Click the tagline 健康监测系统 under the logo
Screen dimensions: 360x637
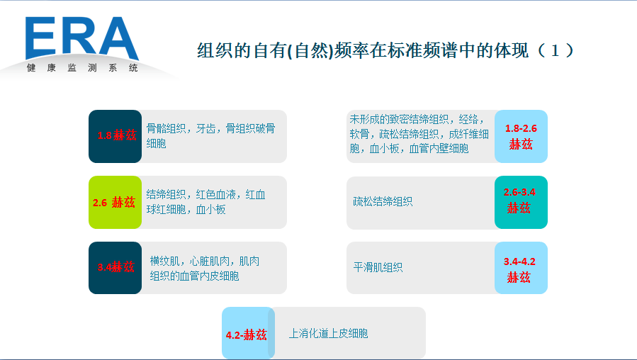pos(82,68)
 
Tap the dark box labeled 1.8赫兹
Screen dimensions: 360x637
pos(115,135)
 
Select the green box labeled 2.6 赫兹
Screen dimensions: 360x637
pos(115,202)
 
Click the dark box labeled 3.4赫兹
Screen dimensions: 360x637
pos(115,267)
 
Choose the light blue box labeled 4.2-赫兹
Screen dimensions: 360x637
pos(247,334)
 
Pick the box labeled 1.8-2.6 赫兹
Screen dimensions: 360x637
pos(521,136)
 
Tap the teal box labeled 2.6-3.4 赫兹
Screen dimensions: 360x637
pos(521,201)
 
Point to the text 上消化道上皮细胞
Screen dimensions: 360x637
pos(328,333)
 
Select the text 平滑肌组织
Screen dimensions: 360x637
pos(378,267)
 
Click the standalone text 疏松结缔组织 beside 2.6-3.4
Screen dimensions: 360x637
pos(383,201)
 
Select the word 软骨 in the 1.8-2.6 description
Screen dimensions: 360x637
pos(359,134)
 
